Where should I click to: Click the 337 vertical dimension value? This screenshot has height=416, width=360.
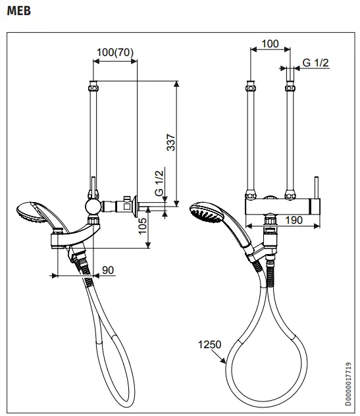click(170, 143)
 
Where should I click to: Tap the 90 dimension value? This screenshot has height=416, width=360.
click(108, 269)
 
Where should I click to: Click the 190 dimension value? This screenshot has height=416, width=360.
click(294, 221)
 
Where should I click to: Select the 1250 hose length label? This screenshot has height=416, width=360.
click(208, 344)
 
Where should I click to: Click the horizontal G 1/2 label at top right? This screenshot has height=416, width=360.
click(316, 62)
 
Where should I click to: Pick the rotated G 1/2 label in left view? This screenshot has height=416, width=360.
click(159, 183)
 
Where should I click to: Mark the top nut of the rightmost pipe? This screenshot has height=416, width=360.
click(288, 86)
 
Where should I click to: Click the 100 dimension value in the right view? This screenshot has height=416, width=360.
click(270, 44)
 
